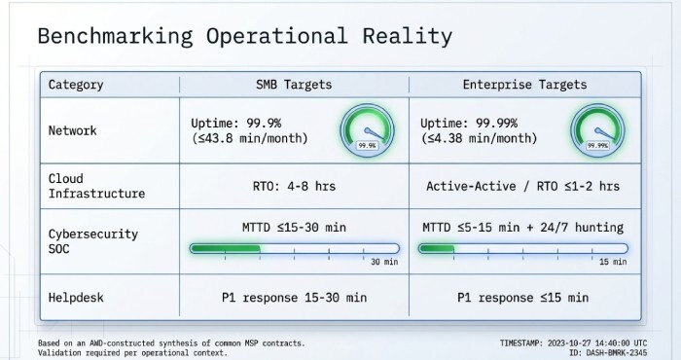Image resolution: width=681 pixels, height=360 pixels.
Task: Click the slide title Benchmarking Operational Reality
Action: coord(244,37)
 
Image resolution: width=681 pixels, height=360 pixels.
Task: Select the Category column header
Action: coord(77,85)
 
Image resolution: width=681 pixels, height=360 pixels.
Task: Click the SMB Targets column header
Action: coord(294,85)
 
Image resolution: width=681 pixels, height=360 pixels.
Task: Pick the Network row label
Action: coord(74,130)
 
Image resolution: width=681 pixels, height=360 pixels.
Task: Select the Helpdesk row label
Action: coord(78,297)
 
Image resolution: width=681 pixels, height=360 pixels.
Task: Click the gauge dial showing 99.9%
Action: coord(368,131)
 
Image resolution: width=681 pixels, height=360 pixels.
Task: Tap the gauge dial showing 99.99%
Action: coord(596,131)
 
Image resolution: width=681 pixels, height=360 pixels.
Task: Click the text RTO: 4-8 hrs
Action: coord(294,186)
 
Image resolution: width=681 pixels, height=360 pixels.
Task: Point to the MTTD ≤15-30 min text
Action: coord(294,228)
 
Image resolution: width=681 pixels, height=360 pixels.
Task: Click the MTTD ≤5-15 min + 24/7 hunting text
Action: coord(523,228)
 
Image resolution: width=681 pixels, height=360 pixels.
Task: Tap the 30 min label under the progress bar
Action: coord(383,262)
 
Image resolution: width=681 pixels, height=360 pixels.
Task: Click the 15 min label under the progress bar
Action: coord(611,262)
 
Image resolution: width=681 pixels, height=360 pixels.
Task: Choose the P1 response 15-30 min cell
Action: coord(294,297)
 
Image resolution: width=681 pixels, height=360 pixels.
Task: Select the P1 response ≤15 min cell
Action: coord(523,297)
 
